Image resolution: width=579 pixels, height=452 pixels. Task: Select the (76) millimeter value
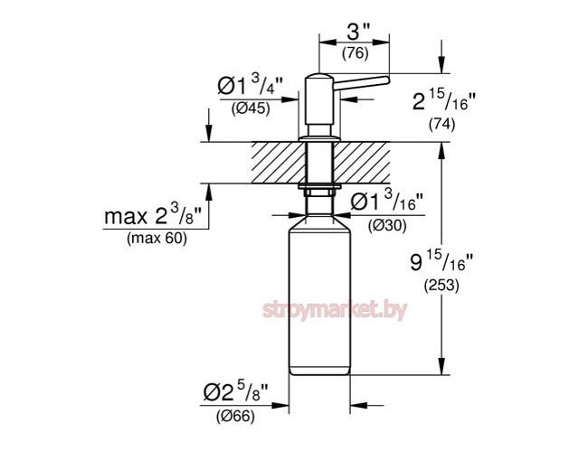coord(354,54)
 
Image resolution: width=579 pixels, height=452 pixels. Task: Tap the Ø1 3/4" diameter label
coord(250,88)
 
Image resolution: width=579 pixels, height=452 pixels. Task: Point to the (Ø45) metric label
coord(250,109)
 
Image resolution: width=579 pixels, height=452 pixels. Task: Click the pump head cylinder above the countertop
coord(320,104)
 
